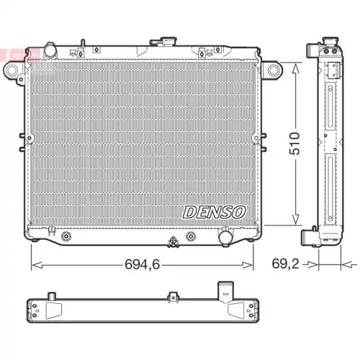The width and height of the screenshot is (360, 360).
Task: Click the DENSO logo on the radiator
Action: pos(215,211)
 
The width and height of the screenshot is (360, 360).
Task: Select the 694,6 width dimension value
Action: pos(143,264)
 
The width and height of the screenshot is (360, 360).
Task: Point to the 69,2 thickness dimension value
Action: pos(285,264)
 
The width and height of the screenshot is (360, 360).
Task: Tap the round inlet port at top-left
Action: pos(50,50)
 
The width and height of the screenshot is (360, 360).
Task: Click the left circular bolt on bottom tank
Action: pos(67,236)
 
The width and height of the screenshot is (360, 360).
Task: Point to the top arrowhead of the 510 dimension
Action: pos(294,62)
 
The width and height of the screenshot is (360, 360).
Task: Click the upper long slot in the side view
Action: pos(330,115)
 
